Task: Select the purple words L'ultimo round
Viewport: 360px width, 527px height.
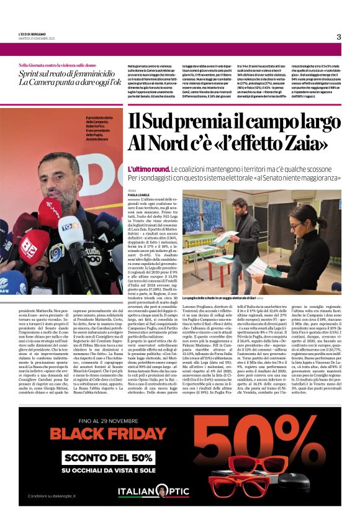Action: click(148, 169)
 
